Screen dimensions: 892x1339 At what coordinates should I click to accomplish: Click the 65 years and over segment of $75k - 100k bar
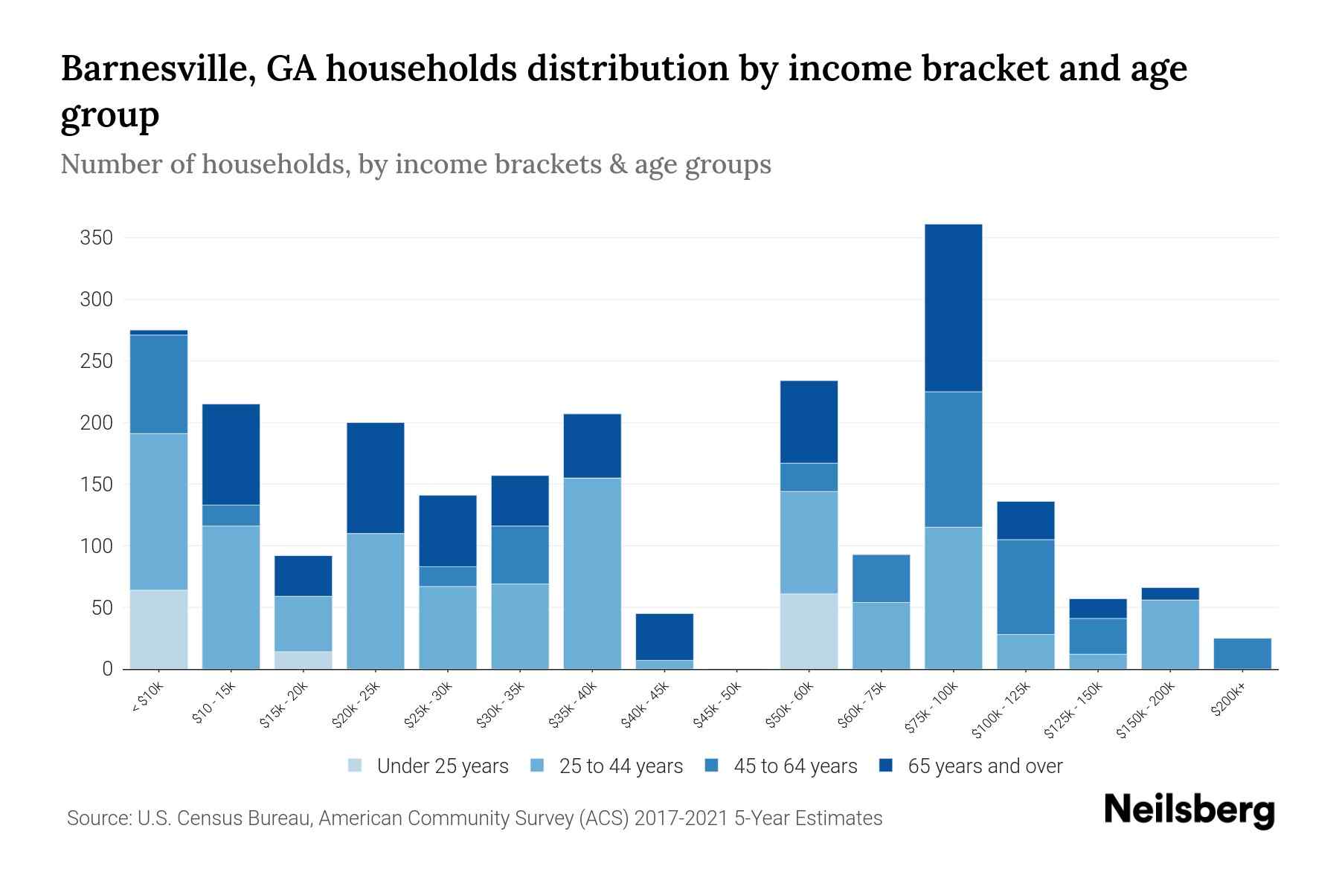[x=953, y=308]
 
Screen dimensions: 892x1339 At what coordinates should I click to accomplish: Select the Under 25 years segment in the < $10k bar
[x=158, y=630]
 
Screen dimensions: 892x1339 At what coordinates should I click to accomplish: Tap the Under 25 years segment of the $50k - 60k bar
[x=809, y=631]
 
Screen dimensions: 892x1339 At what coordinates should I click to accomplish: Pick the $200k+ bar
[x=1242, y=653]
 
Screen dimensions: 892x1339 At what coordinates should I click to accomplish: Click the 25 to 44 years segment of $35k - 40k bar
[x=592, y=573]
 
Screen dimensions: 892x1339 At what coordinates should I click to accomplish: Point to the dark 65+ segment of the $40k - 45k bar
[x=664, y=637]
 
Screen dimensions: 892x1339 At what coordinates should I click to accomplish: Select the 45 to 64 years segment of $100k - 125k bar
[x=1025, y=586]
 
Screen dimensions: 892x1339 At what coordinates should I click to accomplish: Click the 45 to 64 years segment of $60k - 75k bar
[x=881, y=578]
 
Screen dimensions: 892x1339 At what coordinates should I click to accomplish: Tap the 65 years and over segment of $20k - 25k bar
[x=376, y=478]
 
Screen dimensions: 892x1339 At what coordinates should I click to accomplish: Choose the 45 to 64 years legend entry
[x=782, y=766]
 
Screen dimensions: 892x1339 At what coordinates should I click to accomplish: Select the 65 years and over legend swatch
[x=885, y=766]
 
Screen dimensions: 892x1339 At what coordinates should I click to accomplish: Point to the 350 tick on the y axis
[x=97, y=238]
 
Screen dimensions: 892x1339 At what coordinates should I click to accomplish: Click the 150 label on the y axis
[x=97, y=485]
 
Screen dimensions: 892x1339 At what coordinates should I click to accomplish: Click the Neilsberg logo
[x=1189, y=810]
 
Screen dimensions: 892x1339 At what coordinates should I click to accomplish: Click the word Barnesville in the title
[x=157, y=68]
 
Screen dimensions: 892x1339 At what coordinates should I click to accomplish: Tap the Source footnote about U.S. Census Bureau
[x=475, y=818]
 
